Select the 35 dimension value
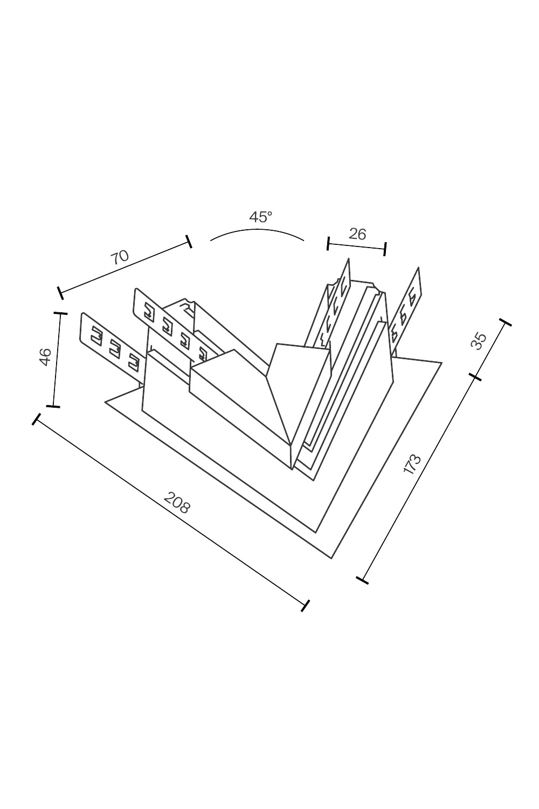(x=479, y=340)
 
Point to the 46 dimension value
(x=45, y=357)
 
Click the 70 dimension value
(x=120, y=257)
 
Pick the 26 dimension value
(x=357, y=234)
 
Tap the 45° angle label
(x=261, y=217)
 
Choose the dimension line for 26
(x=357, y=246)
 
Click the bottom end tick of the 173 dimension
(x=363, y=580)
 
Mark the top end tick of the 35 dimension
(x=506, y=323)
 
